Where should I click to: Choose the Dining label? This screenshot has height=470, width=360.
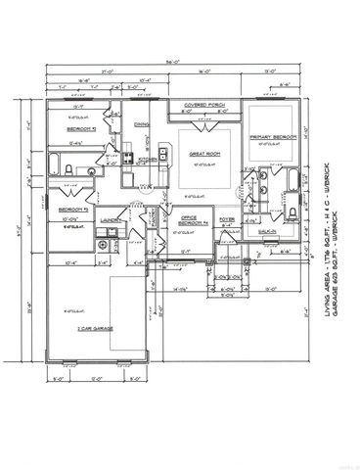(142, 125)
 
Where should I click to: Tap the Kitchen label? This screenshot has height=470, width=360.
(142, 160)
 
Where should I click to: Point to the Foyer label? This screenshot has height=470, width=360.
(227, 219)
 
